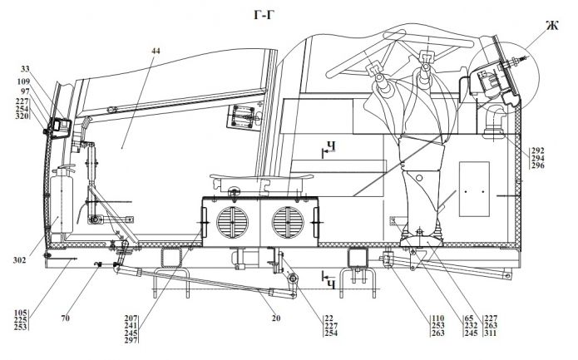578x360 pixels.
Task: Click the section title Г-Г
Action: tap(264, 15)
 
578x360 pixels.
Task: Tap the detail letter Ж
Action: tap(552, 26)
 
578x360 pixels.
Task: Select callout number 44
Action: tap(156, 51)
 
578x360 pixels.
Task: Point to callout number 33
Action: tap(25, 69)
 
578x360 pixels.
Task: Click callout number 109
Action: tap(23, 81)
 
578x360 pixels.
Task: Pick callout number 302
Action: tap(19, 260)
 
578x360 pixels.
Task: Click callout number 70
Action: tap(65, 318)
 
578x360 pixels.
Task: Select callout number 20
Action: tap(276, 318)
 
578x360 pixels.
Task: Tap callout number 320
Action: tap(22, 116)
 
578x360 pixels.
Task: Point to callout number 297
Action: tap(131, 341)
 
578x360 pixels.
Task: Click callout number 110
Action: tap(438, 318)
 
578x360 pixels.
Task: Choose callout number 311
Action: tap(491, 333)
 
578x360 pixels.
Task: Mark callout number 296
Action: tap(538, 165)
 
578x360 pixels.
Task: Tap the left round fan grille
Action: tap(232, 222)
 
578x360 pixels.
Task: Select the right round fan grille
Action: tap(288, 222)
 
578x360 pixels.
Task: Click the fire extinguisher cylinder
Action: tap(62, 201)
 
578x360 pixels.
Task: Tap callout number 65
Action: tap(469, 318)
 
